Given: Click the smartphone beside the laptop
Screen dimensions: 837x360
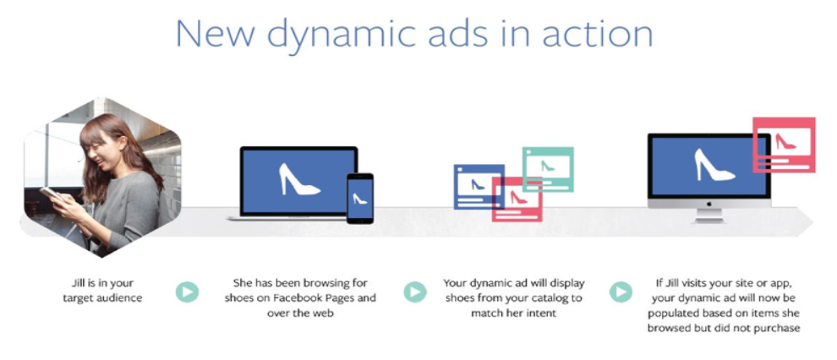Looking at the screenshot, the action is pos(360,198).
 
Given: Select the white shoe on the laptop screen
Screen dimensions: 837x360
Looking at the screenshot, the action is pos(299,179).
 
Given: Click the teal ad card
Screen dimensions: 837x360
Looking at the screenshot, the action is pos(548,169).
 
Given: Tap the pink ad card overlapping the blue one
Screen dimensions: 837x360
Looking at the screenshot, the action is pos(517,199).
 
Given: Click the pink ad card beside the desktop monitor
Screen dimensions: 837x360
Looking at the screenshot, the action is pos(784,145).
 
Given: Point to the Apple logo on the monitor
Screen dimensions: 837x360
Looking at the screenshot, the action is pos(709,203).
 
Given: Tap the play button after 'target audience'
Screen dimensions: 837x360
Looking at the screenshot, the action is pos(187,292).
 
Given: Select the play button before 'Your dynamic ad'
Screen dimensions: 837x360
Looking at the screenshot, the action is pos(415,292).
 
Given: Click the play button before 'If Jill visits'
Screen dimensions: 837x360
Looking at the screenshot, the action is pos(621,292).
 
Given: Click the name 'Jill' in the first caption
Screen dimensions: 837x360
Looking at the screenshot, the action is pos(79,283).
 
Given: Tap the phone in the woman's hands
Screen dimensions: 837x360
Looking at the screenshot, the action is pos(50,193).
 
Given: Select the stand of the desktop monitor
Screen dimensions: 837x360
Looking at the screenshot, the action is pos(708,215).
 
